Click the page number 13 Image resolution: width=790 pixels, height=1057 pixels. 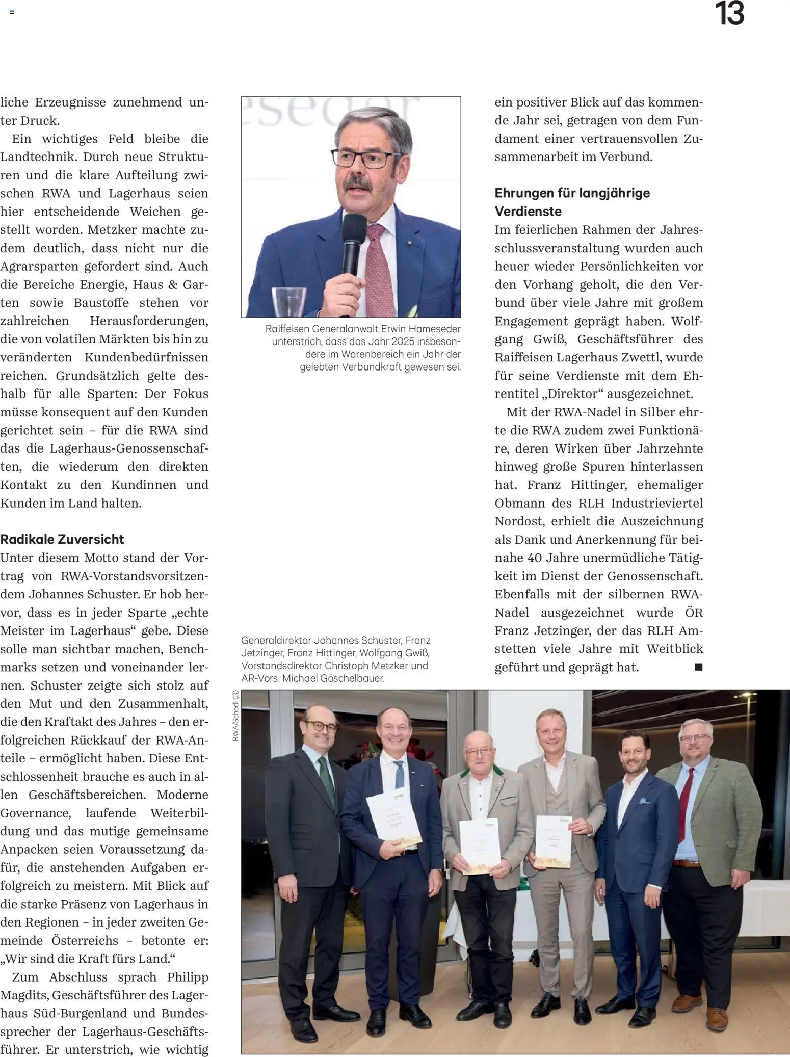729,14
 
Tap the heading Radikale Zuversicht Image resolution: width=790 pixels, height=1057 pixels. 62,539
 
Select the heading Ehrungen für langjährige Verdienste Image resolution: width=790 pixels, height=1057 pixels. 572,202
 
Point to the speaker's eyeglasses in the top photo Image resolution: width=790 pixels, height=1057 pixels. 366,157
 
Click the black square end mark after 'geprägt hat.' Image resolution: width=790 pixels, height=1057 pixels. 699,667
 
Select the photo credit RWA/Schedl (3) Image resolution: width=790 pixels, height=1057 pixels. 235,716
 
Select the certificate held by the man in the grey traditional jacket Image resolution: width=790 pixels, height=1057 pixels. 479,847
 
